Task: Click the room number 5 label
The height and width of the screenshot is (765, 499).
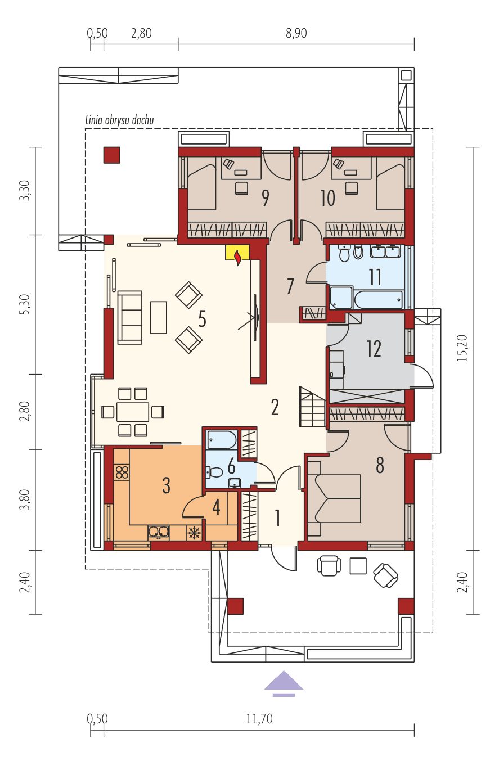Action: point(202,319)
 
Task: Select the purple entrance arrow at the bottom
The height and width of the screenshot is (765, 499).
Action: point(284,682)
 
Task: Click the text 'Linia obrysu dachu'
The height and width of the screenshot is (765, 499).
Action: point(119,120)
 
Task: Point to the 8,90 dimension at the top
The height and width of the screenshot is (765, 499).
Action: point(296,33)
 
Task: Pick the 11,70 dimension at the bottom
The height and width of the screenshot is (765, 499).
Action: point(259,719)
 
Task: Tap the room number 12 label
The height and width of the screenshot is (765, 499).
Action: point(374,349)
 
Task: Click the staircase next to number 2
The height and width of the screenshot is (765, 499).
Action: point(312,406)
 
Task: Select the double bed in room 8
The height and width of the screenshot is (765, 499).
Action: point(335,498)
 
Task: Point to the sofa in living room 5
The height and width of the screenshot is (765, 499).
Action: point(129,317)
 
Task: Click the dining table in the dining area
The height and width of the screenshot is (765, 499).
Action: point(133,412)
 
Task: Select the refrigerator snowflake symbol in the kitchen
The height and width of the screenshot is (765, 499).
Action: point(194,533)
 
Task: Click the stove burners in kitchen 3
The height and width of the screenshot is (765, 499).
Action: point(122,472)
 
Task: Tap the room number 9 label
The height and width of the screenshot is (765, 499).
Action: point(264,198)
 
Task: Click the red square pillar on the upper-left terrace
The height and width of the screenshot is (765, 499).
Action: point(111,155)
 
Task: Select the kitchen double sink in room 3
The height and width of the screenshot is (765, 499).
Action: point(159,532)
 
